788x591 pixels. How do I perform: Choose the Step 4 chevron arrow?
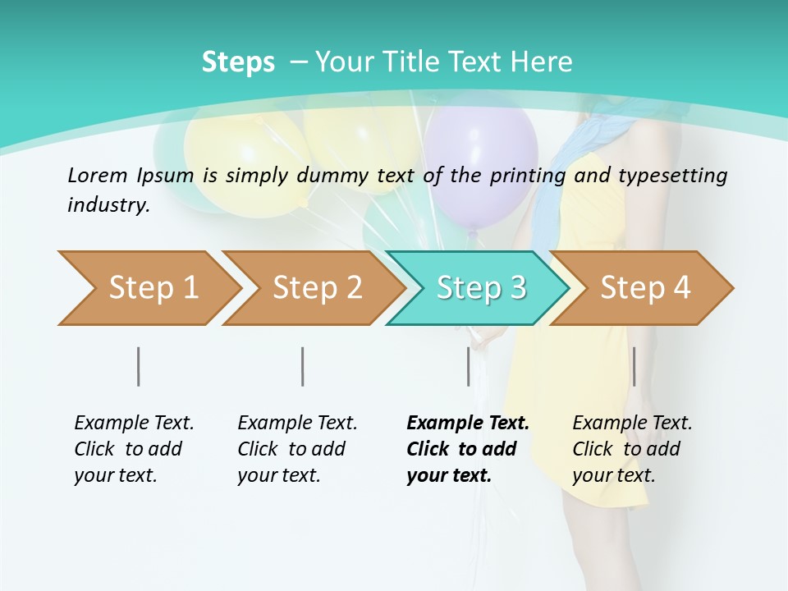(644, 288)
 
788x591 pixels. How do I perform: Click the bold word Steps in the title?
(238, 62)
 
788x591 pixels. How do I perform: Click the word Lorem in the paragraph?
(98, 175)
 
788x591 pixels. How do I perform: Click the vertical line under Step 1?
(139, 366)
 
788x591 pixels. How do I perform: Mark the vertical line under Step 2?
(303, 366)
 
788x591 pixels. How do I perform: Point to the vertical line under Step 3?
(469, 366)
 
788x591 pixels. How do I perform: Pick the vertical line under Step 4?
(634, 366)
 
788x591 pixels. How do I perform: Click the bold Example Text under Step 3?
(468, 424)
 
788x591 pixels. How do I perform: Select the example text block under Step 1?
(133, 449)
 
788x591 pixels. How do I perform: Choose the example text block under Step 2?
(296, 449)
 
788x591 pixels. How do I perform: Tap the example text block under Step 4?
(631, 449)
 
